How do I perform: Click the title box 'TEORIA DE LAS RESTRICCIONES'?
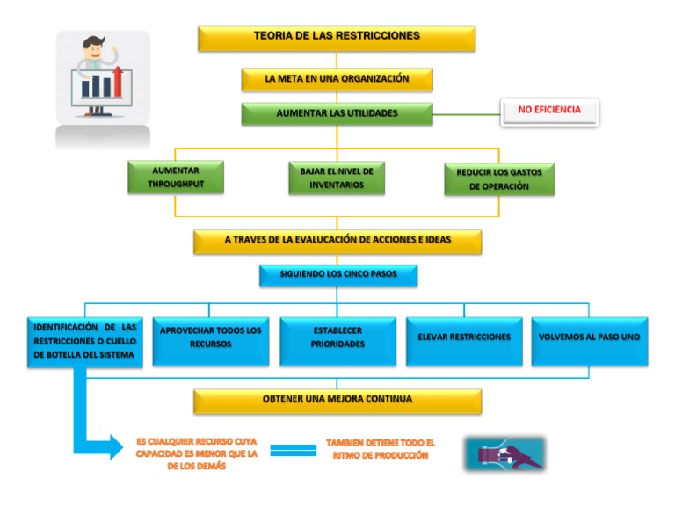pos(337,38)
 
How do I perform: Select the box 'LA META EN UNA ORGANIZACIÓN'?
pos(337,79)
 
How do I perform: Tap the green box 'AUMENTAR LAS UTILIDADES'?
pos(337,114)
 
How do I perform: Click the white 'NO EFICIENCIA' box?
pos(549,112)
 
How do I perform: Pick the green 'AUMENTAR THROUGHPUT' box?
pos(175,177)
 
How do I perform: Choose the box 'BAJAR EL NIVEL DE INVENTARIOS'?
pos(337,177)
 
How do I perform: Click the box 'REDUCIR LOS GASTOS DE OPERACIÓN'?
pos(499,179)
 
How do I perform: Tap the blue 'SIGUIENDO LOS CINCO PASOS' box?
pos(337,275)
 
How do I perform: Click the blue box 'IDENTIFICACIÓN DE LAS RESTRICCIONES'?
pos(84,341)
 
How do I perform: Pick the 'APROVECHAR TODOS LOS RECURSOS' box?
pos(211,341)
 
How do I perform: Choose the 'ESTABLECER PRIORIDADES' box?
pos(337,341)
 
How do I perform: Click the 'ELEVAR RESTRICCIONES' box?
pos(464,341)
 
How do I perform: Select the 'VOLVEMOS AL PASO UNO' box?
pos(590,341)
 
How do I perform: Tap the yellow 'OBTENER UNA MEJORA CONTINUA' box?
pos(337,401)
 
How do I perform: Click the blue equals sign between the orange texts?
pos(293,450)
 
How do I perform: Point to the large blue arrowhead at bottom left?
pos(113,446)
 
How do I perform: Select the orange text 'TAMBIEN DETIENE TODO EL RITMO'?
pos(380,450)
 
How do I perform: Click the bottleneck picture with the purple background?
pos(504,453)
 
